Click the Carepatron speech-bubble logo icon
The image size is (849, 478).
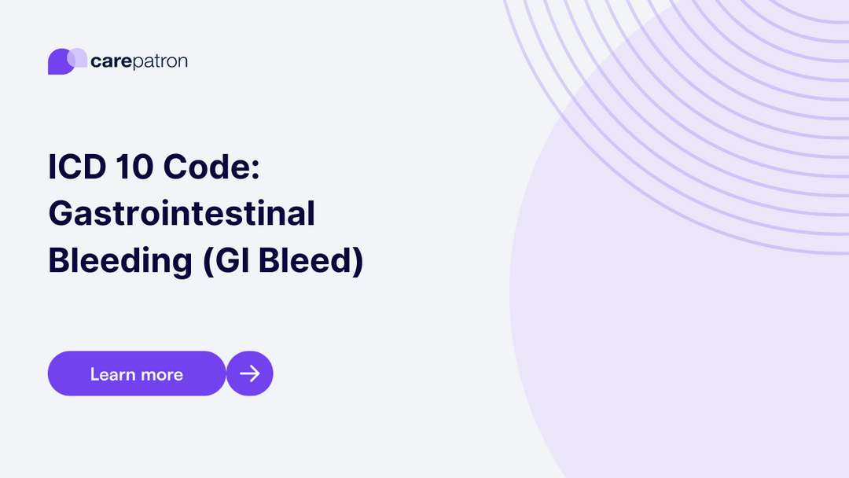click(67, 61)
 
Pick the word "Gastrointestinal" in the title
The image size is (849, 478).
click(182, 214)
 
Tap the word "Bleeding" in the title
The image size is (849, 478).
click(120, 261)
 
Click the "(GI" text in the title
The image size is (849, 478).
click(225, 261)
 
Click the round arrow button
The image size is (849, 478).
click(250, 373)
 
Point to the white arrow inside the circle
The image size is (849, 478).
click(250, 373)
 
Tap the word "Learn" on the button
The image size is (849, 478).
click(112, 374)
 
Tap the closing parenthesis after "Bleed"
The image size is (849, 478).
click(358, 261)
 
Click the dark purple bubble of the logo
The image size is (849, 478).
click(58, 64)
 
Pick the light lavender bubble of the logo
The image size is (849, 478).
click(78, 57)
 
